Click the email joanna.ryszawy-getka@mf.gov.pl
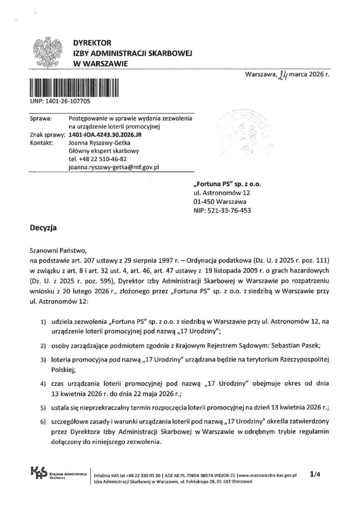pos(113,168)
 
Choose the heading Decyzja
pos(44,228)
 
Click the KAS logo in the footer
pos(38,474)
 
